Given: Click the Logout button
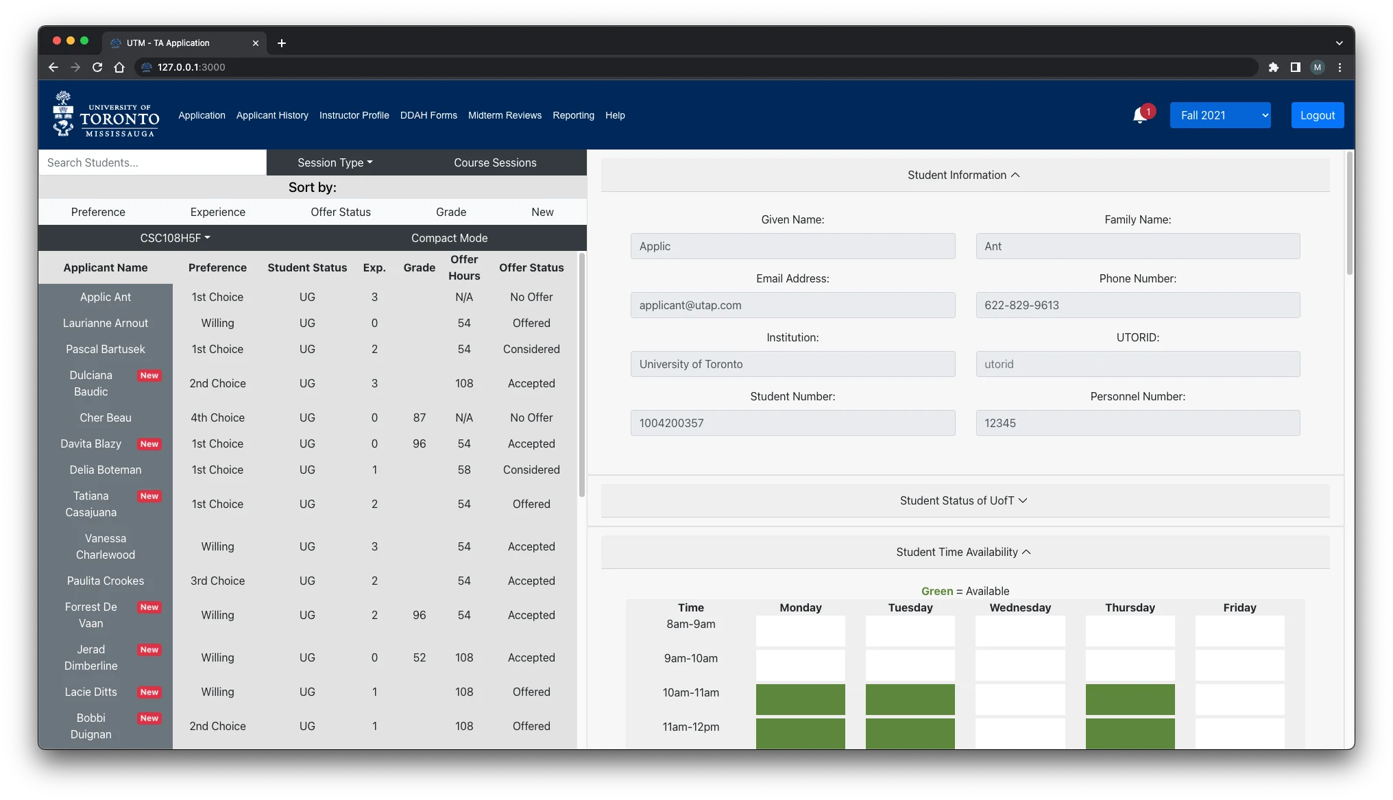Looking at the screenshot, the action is (x=1317, y=115).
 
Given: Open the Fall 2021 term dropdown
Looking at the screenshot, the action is (x=1220, y=115).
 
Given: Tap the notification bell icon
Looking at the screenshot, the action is (x=1140, y=115).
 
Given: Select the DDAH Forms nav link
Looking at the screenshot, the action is (x=428, y=115).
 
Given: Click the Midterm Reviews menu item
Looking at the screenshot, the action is (x=505, y=115).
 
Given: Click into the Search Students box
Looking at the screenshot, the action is (x=152, y=162).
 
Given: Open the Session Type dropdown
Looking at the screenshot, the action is (x=335, y=162).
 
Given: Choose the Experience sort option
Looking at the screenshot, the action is (x=217, y=212).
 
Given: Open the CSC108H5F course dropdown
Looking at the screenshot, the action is (x=175, y=238).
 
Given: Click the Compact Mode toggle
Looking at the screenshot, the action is (x=449, y=238).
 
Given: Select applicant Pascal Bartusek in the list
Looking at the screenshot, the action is (x=106, y=349).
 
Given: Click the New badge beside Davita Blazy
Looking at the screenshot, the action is (x=149, y=444).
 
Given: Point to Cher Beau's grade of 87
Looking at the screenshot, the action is (x=419, y=417).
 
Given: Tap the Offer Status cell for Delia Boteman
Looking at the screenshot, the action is (x=531, y=470).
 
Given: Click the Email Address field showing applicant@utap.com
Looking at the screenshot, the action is (x=792, y=305).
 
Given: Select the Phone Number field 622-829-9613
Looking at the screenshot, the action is (x=1137, y=305).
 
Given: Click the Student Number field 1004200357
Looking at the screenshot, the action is (x=792, y=423).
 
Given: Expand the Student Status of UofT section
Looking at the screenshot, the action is (x=965, y=500).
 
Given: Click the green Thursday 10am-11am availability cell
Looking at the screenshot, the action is (x=1130, y=699).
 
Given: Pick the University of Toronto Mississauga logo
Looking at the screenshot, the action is (x=106, y=114).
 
